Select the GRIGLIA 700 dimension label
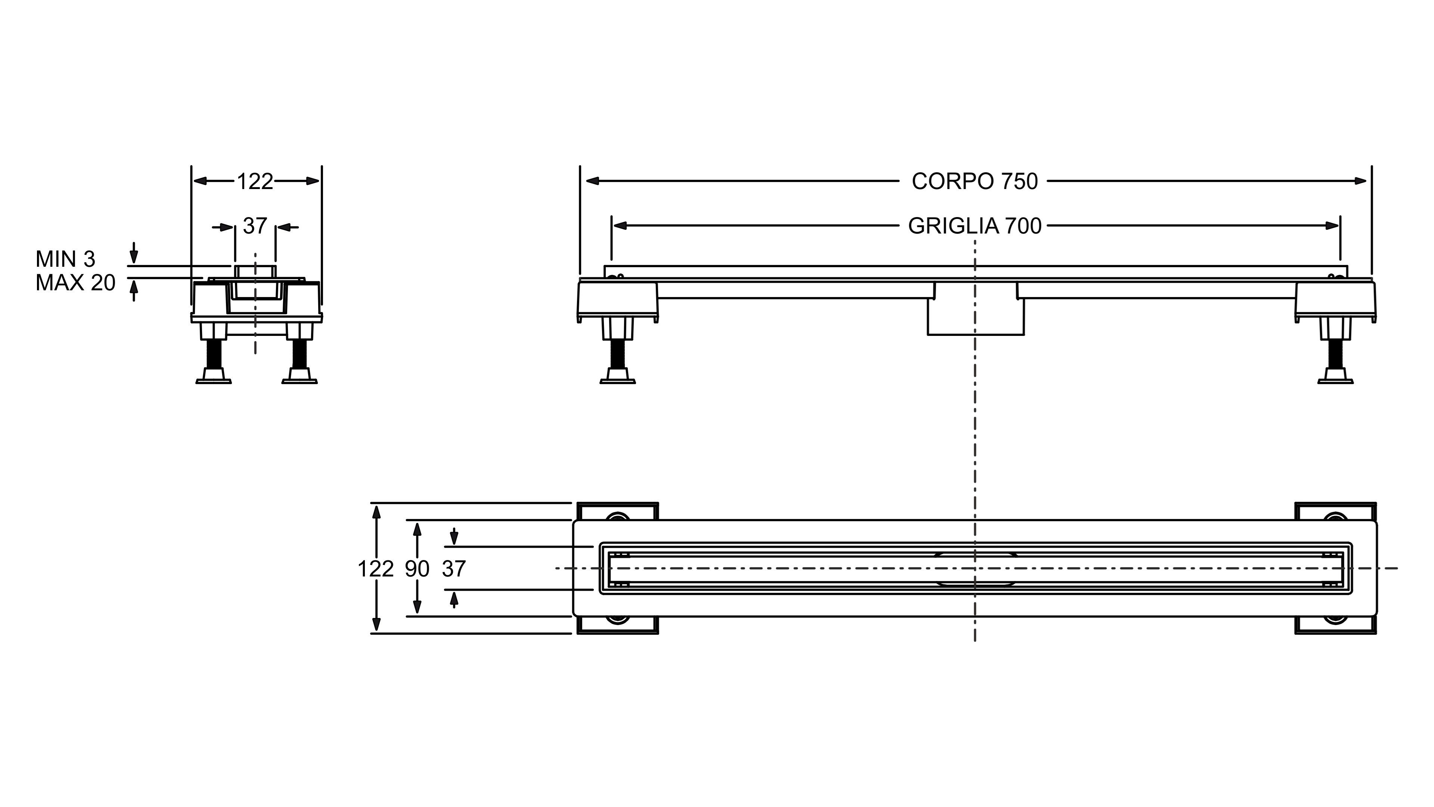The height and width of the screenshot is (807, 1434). pyautogui.click(x=974, y=226)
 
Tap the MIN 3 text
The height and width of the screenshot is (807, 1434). pyautogui.click(x=65, y=259)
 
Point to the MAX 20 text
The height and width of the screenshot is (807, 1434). pyautogui.click(x=75, y=283)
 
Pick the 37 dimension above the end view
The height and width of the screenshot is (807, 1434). pyautogui.click(x=255, y=226)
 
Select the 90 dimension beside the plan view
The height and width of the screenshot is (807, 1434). pyautogui.click(x=417, y=569)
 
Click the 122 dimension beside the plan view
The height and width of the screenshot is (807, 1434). pyautogui.click(x=375, y=569)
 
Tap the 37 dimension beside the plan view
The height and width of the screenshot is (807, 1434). pyautogui.click(x=454, y=569)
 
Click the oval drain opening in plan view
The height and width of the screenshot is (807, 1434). pyautogui.click(x=975, y=569)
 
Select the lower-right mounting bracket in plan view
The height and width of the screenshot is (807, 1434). pyautogui.click(x=1335, y=625)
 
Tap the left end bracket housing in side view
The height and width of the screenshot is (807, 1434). pyautogui.click(x=617, y=301)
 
